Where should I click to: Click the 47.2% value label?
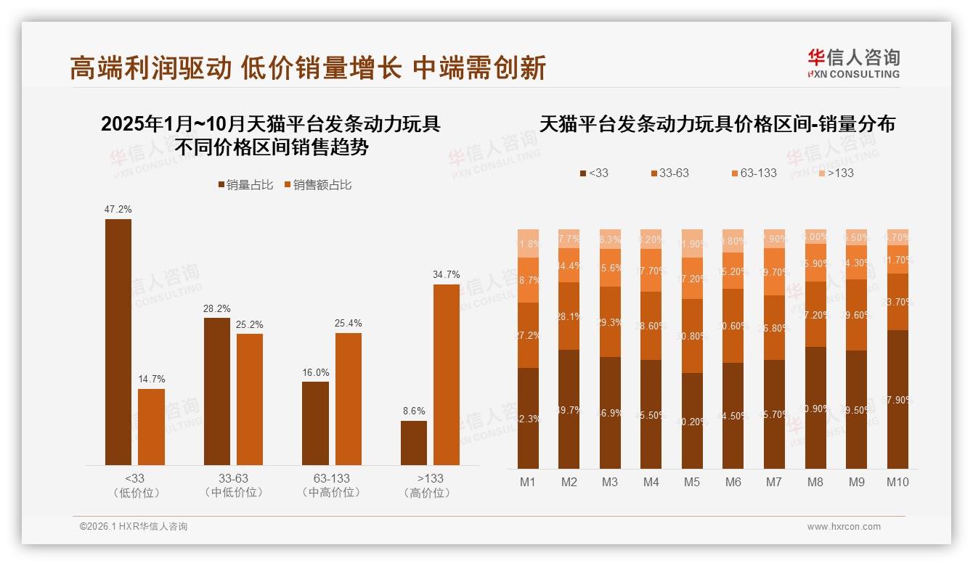tap(118, 210)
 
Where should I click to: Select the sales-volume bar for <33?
tap(118, 341)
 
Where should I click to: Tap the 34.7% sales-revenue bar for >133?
tap(447, 374)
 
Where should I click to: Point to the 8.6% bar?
tap(414, 443)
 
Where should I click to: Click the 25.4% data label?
tap(349, 323)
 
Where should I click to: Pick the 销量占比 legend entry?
tap(245, 185)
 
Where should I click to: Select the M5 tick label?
tap(692, 482)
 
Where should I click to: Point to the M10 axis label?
tap(897, 482)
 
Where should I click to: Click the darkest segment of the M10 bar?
tap(897, 399)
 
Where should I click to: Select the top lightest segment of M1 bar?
tap(528, 243)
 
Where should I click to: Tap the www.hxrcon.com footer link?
tap(844, 527)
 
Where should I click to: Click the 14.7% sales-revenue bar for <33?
tap(151, 427)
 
